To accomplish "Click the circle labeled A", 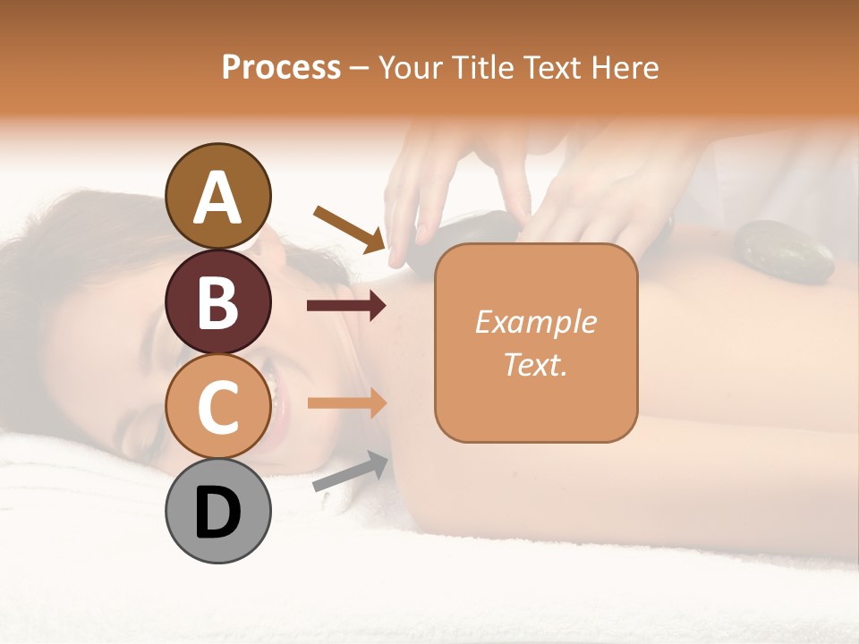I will pos(218,196).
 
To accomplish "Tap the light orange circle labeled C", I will pos(218,406).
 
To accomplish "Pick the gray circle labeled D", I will pos(218,511).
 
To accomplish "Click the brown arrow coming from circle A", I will pos(349,227).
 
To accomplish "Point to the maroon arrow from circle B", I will pos(345,306).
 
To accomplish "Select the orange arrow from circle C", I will pos(345,403).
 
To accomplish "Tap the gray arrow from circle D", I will pos(350,472).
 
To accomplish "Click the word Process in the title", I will pos(281,67).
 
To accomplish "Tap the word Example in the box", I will pos(535,322).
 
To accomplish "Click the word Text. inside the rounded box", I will pos(535,364).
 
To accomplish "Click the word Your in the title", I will pos(408,67).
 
